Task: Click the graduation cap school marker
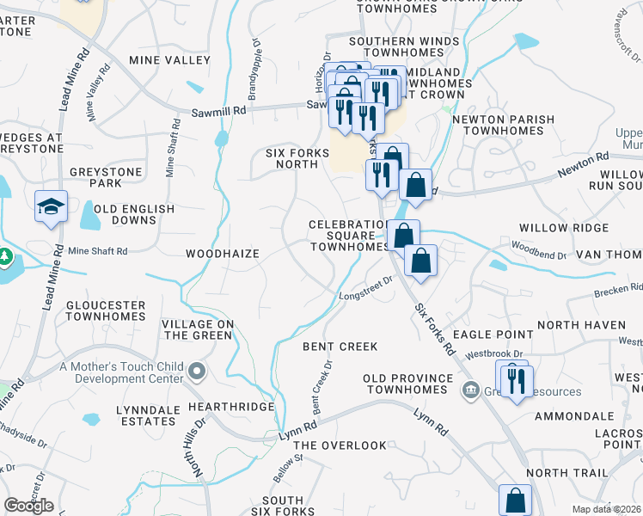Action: coord(52,206)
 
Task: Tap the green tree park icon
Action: coord(4,257)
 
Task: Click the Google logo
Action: coord(28,506)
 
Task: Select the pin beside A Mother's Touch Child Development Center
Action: coord(198,371)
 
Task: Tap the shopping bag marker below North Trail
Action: coord(514,500)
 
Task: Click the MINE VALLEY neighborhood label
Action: coord(169,60)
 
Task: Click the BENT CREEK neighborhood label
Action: coord(340,347)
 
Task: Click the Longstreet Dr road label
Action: coord(365,289)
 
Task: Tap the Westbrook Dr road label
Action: coord(493,353)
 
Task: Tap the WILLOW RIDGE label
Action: coord(563,228)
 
